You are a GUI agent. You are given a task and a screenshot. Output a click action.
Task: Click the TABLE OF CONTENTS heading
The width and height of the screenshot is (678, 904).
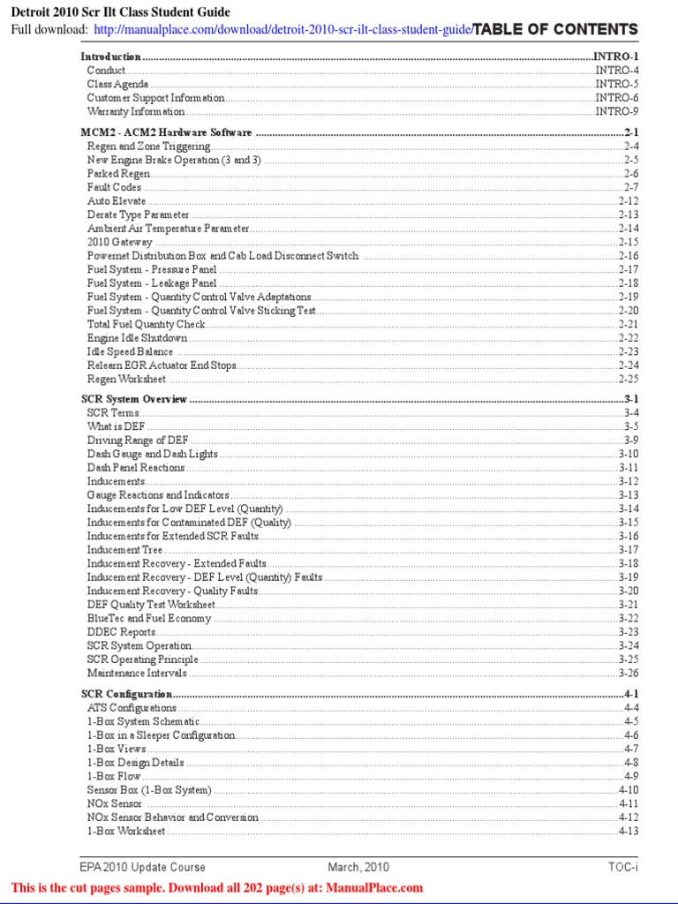click(x=555, y=30)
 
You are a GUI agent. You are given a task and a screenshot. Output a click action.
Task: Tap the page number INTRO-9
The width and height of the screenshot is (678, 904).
click(x=616, y=111)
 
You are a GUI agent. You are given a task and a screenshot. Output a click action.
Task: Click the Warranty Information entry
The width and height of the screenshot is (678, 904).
click(x=136, y=111)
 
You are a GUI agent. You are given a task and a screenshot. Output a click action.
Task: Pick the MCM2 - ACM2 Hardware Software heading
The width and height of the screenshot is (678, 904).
click(x=167, y=132)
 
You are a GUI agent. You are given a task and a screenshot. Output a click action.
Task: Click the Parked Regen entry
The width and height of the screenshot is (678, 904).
click(x=118, y=174)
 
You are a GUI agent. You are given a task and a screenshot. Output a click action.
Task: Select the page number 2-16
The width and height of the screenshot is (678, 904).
click(x=628, y=256)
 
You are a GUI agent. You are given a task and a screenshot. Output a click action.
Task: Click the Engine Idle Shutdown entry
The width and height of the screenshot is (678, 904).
click(x=137, y=338)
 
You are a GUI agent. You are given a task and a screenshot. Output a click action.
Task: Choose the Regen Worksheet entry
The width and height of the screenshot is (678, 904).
click(x=126, y=379)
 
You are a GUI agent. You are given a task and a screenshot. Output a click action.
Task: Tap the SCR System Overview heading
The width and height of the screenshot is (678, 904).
click(x=134, y=399)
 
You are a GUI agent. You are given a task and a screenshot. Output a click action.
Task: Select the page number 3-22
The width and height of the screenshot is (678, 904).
click(x=628, y=619)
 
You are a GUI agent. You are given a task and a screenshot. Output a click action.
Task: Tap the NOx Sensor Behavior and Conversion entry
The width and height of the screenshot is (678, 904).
click(x=172, y=817)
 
